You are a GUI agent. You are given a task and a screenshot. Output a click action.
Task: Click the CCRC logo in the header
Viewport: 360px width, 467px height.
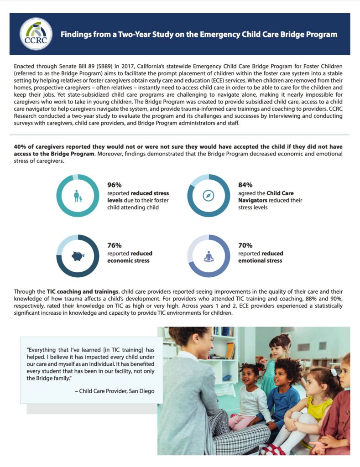pyautogui.click(x=36, y=34)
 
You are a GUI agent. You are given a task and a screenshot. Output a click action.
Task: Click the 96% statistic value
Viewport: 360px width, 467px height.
pyautogui.click(x=115, y=185)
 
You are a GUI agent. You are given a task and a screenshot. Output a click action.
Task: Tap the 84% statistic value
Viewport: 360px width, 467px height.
pyautogui.click(x=245, y=185)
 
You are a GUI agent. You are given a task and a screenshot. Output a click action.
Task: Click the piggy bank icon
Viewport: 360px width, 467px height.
pyautogui.click(x=78, y=256)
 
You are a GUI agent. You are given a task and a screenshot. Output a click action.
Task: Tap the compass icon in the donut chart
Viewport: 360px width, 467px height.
pyautogui.click(x=209, y=196)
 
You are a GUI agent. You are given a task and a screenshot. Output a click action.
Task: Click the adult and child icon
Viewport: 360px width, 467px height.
pyautogui.click(x=78, y=196)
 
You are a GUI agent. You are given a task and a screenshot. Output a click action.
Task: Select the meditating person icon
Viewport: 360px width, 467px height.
pyautogui.click(x=209, y=256)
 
